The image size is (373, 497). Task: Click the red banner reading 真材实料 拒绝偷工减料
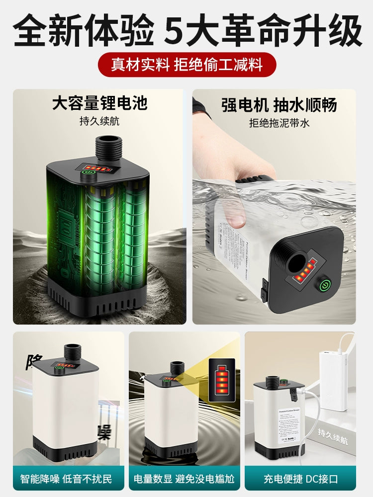pos(186,65)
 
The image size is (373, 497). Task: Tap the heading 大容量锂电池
pos(99,103)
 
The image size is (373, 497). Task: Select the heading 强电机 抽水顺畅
pos(279,105)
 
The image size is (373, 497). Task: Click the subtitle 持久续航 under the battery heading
pos(99,121)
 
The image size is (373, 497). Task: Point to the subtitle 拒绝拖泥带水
pos(279,123)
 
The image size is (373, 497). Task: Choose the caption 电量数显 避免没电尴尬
pos(184,479)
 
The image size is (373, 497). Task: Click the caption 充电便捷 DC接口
pos(301,479)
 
